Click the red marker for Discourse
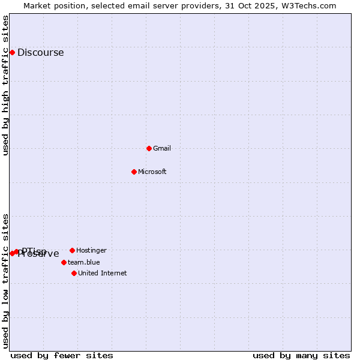[12, 53]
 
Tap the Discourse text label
[40, 53]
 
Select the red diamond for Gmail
[149, 148]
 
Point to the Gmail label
[162, 149]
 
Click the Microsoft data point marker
[134, 172]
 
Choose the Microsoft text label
[152, 172]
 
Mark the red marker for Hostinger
[72, 250]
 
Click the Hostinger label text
[91, 250]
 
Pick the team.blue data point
[64, 262]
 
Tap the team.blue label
[84, 262]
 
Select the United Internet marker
[74, 273]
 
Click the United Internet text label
[103, 274]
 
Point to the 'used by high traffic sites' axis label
[5, 85]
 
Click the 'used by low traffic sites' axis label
[5, 281]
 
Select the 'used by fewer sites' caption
[62, 356]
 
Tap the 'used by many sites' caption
[301, 356]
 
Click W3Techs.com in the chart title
[309, 5]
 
